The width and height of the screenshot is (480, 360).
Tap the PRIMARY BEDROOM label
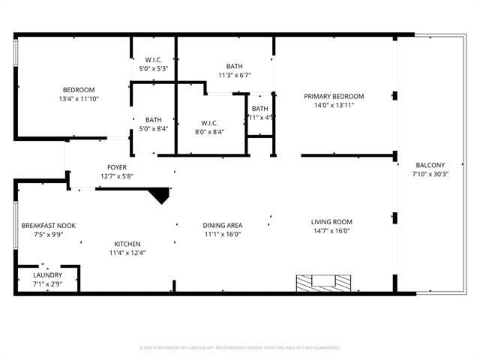334,96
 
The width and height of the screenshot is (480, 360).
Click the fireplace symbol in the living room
322,282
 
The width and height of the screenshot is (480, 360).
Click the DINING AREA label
222,225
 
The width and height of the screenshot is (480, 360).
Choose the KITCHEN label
127,244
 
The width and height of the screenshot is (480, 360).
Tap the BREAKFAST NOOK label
48,226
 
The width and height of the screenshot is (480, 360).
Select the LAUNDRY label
47,275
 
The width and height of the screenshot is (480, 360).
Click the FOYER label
116,167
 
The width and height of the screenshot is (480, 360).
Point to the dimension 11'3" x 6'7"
234,75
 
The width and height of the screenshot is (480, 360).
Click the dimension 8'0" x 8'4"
208,132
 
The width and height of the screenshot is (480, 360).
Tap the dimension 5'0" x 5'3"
154,69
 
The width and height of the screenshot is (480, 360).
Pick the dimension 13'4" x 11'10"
79,99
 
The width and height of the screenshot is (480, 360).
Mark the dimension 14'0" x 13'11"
334,105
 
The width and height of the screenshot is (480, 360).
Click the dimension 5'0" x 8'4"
154,128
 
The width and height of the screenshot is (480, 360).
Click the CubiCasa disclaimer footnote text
240,348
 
